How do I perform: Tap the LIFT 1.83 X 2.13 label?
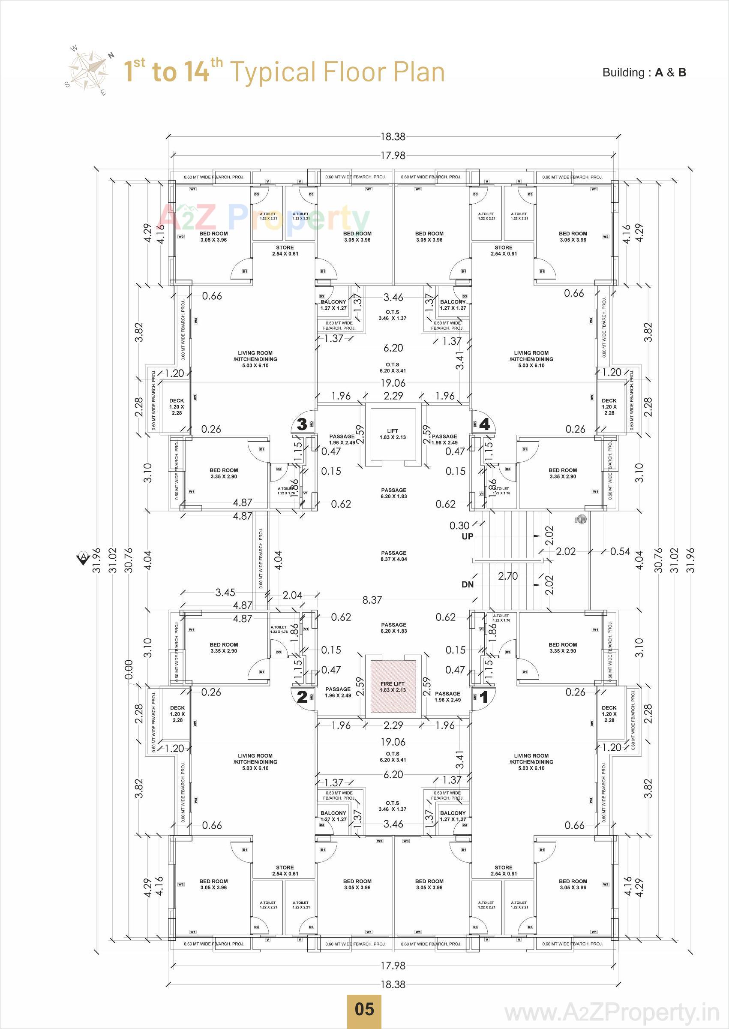(392, 434)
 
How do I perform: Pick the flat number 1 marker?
(484, 697)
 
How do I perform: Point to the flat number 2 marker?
(302, 697)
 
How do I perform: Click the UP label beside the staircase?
(467, 536)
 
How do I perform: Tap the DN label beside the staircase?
(467, 584)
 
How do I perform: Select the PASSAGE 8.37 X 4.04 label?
(394, 556)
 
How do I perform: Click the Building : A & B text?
(644, 73)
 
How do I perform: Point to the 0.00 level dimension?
(129, 669)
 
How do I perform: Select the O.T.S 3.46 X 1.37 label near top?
(392, 315)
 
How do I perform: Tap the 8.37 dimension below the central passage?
(372, 600)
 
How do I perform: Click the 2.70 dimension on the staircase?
(508, 575)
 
